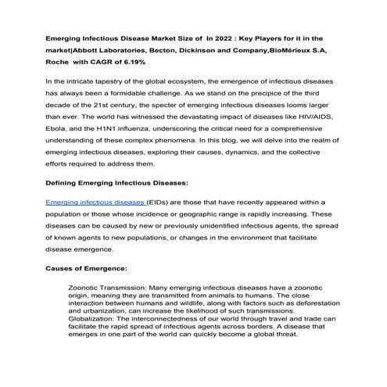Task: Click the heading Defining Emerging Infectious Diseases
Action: tap(116, 183)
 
